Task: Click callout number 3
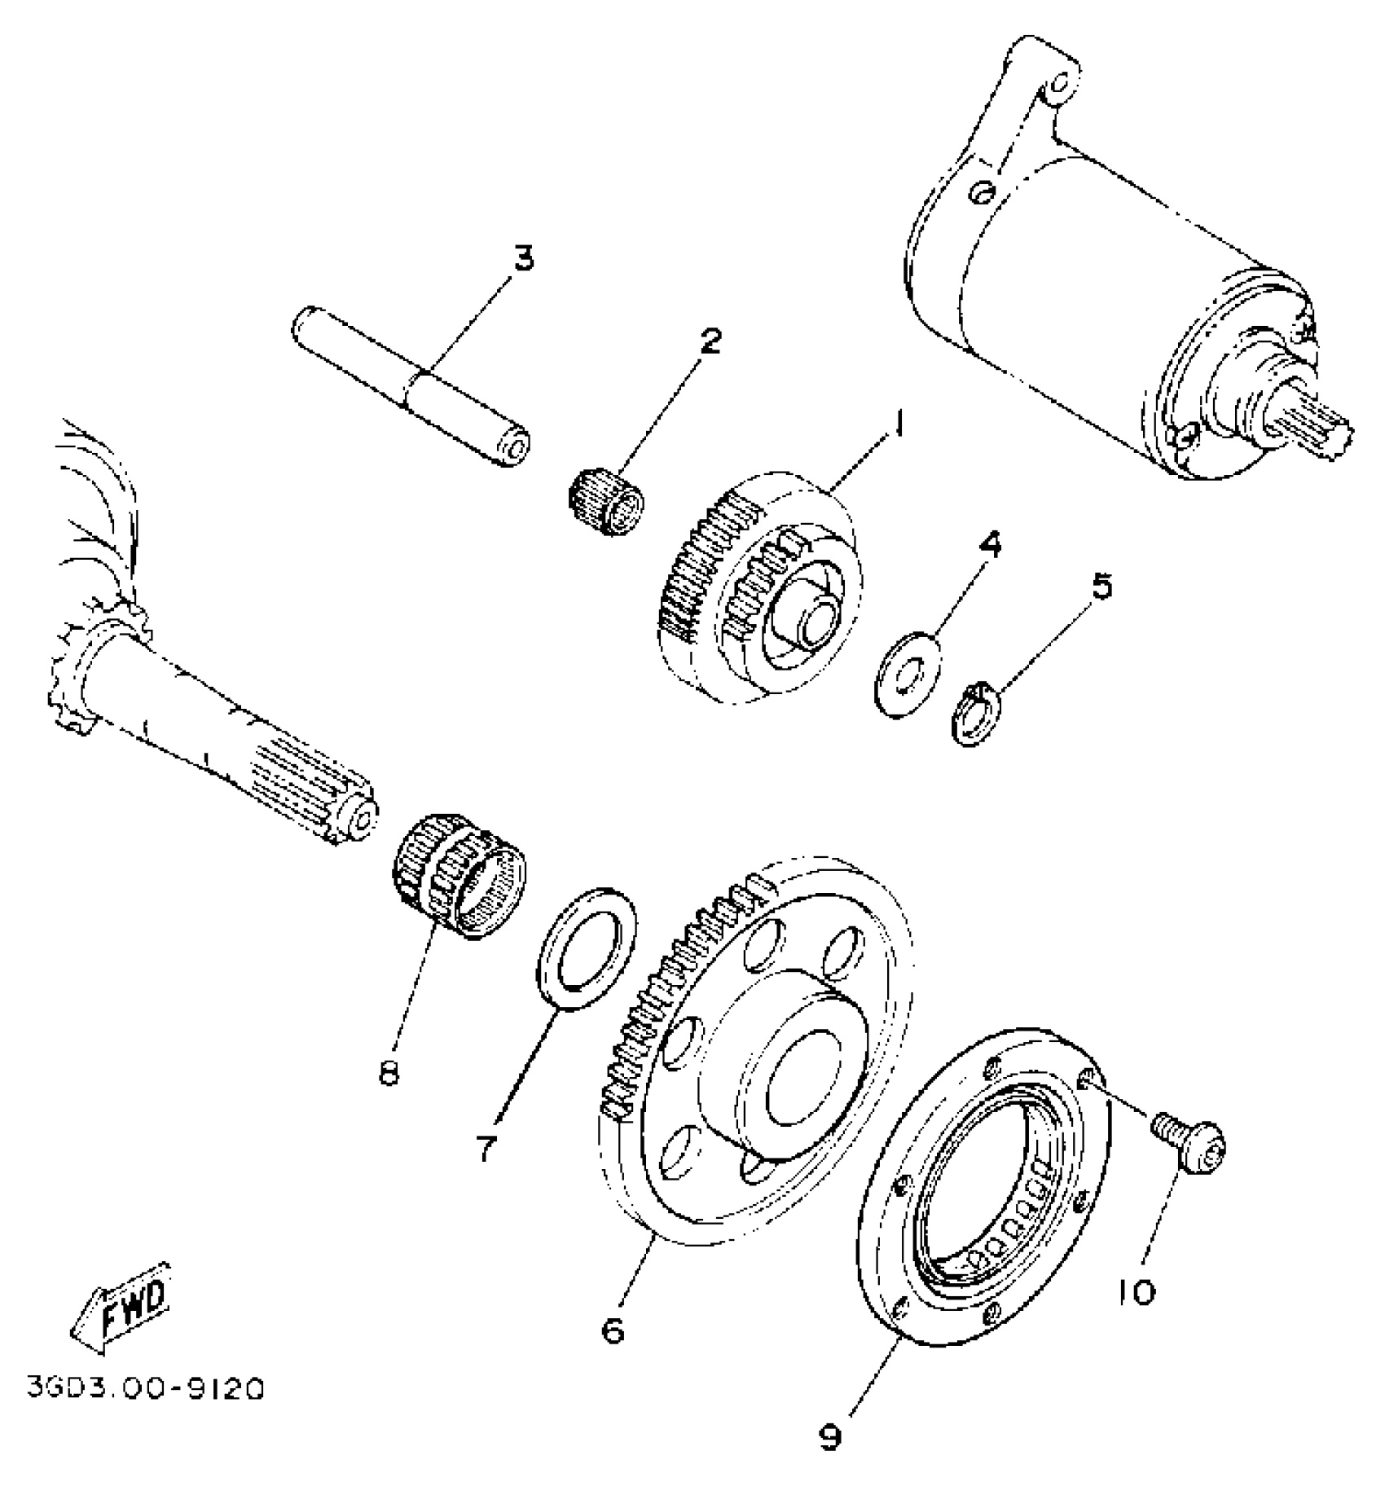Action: point(523,259)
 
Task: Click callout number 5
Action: point(1101,586)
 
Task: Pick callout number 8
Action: point(389,1073)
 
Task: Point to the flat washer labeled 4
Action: point(907,671)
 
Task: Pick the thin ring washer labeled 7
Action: point(585,949)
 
